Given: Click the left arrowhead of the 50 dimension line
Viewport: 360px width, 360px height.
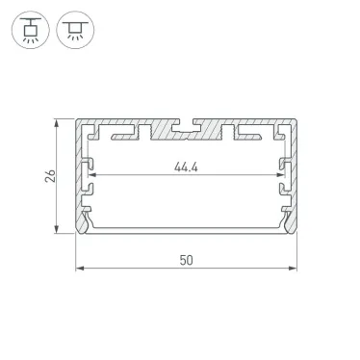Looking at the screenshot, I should pyautogui.click(x=81, y=270).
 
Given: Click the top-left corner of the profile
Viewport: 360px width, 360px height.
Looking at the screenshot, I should pyautogui.click(x=78, y=121).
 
